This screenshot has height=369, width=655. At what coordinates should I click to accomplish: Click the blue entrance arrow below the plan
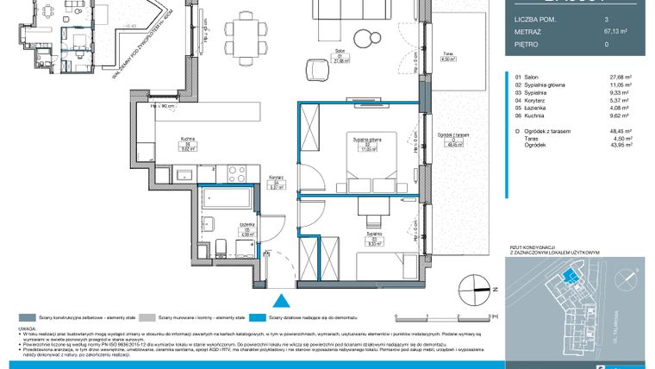278,301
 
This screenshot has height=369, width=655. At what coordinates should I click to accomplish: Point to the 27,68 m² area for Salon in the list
621,77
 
